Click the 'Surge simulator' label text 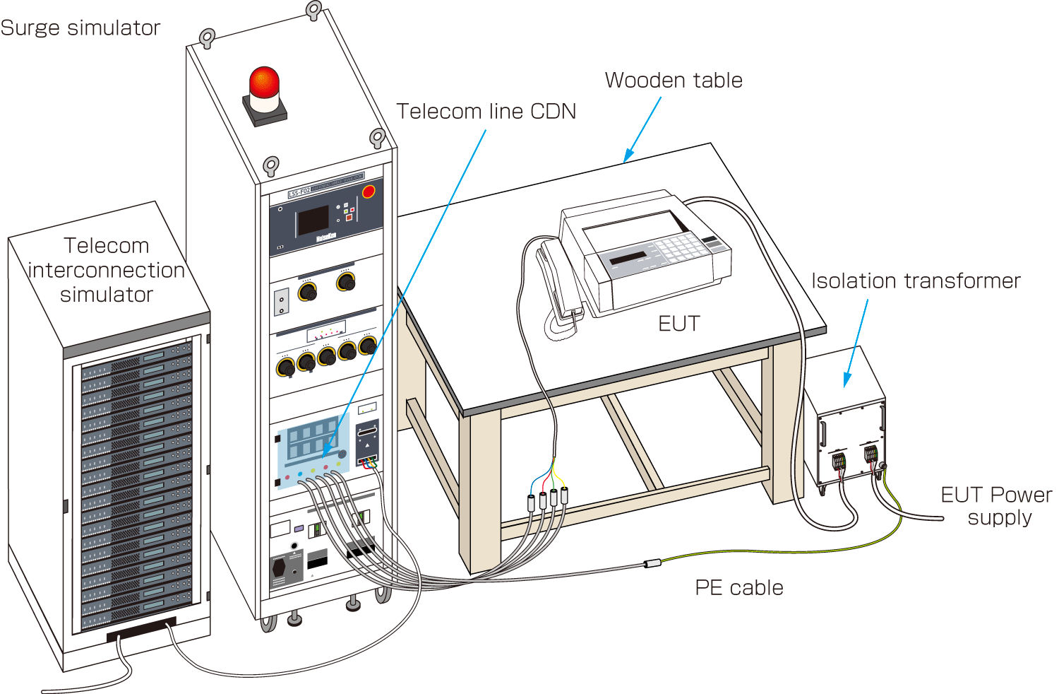[x=80, y=28]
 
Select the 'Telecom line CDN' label [x=486, y=112]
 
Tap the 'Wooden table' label [x=674, y=81]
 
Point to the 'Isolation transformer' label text [x=916, y=281]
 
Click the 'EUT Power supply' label [x=996, y=506]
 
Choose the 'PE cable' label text [x=739, y=588]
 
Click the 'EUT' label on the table [x=678, y=324]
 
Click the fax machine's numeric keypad [x=677, y=247]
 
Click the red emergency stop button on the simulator [x=369, y=192]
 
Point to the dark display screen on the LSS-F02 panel [x=313, y=220]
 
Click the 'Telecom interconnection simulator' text [x=106, y=270]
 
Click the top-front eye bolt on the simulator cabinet [x=271, y=167]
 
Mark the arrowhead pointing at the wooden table [x=628, y=156]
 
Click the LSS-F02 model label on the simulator [x=299, y=192]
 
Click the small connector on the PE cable [x=652, y=563]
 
